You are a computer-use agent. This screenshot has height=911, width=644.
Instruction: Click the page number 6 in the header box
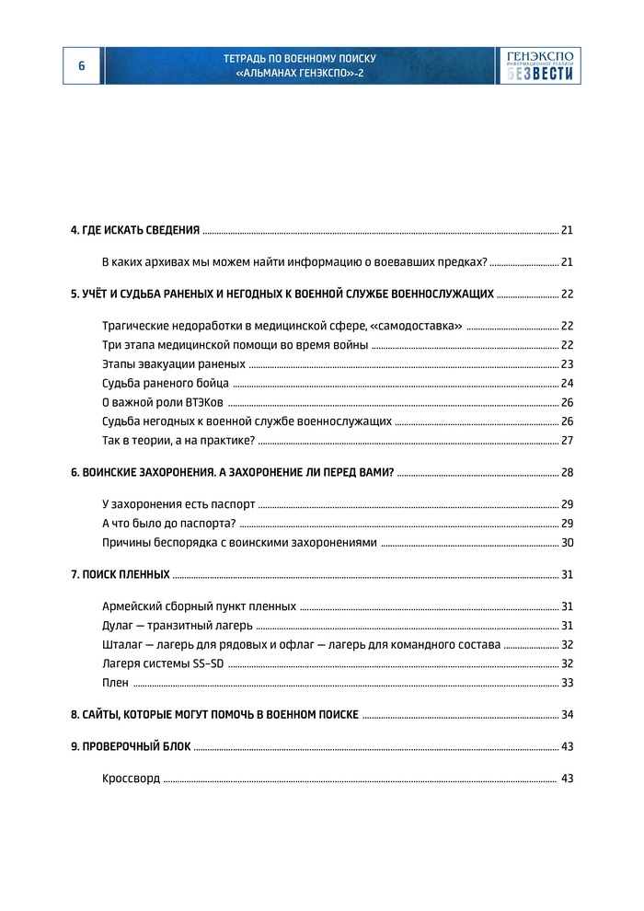pos(81,65)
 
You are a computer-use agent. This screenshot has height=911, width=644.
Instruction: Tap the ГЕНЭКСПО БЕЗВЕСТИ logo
pos(541,65)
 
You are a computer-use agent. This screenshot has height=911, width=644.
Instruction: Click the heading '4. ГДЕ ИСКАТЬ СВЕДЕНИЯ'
pos(135,230)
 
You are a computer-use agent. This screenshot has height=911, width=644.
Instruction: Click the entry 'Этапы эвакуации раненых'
pos(174,364)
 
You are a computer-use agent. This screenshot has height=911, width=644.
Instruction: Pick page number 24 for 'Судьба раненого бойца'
pos(567,384)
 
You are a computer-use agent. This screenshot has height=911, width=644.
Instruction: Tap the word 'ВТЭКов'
pos(204,403)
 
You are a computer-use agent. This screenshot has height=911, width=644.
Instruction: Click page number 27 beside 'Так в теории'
pos(567,441)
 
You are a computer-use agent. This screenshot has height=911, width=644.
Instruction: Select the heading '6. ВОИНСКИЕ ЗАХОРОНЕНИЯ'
pos(232,473)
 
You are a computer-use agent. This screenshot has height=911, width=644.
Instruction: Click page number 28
pos(567,473)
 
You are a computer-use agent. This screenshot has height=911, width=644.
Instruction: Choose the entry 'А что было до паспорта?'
pos(169,524)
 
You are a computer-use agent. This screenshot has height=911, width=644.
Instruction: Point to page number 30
pos(567,543)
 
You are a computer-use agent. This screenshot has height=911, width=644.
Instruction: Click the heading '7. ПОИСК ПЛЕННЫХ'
pos(121,575)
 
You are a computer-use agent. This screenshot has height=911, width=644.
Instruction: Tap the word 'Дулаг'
pos(118,626)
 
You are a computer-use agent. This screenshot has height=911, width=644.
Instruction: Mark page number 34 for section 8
pos(567,715)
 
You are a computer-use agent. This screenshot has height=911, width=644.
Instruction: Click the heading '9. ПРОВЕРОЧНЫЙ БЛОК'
pos(131,747)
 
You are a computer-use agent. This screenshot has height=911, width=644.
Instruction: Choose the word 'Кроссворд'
pos(131,779)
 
